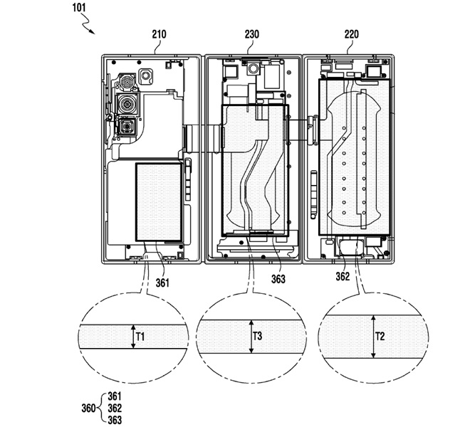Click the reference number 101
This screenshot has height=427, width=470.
(x=80, y=9)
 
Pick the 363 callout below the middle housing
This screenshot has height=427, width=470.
(x=278, y=279)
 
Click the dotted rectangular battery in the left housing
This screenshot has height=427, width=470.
(x=159, y=201)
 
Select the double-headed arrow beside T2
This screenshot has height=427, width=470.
(x=372, y=336)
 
